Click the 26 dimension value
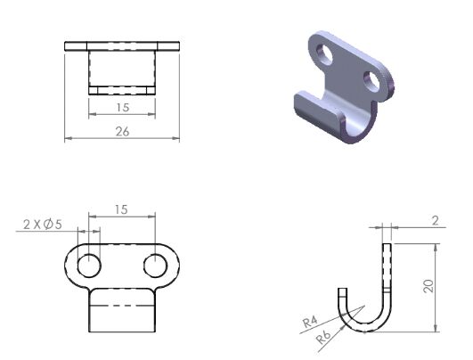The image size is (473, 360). click(x=122, y=132)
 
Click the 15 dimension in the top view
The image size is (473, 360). click(x=122, y=108)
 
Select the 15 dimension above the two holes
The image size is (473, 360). click(x=121, y=209)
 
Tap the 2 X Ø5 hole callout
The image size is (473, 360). click(x=43, y=225)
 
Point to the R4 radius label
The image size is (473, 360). click(x=310, y=322)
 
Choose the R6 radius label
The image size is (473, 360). click(x=323, y=338)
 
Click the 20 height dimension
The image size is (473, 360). click(x=428, y=286)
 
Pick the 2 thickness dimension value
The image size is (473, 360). click(x=435, y=221)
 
